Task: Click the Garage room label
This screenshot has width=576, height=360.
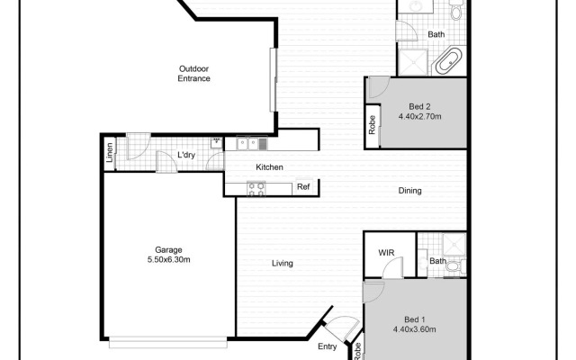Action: click(x=168, y=249)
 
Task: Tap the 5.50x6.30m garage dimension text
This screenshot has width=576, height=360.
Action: click(x=168, y=259)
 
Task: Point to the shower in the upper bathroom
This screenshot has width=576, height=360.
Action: click(x=413, y=62)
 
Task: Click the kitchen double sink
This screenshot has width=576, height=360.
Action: click(x=247, y=142)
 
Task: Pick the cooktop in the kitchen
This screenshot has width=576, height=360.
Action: click(x=256, y=187)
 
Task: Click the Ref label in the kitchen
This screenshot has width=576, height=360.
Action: click(x=303, y=187)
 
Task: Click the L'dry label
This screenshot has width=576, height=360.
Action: click(x=186, y=155)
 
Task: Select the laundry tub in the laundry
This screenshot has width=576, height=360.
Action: click(x=217, y=141)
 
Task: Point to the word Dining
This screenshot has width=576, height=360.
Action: click(x=409, y=191)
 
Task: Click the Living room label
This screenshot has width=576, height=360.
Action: click(x=283, y=264)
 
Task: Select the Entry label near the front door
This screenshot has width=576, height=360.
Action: click(x=327, y=346)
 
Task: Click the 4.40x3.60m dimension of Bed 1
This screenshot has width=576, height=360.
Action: click(x=414, y=329)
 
